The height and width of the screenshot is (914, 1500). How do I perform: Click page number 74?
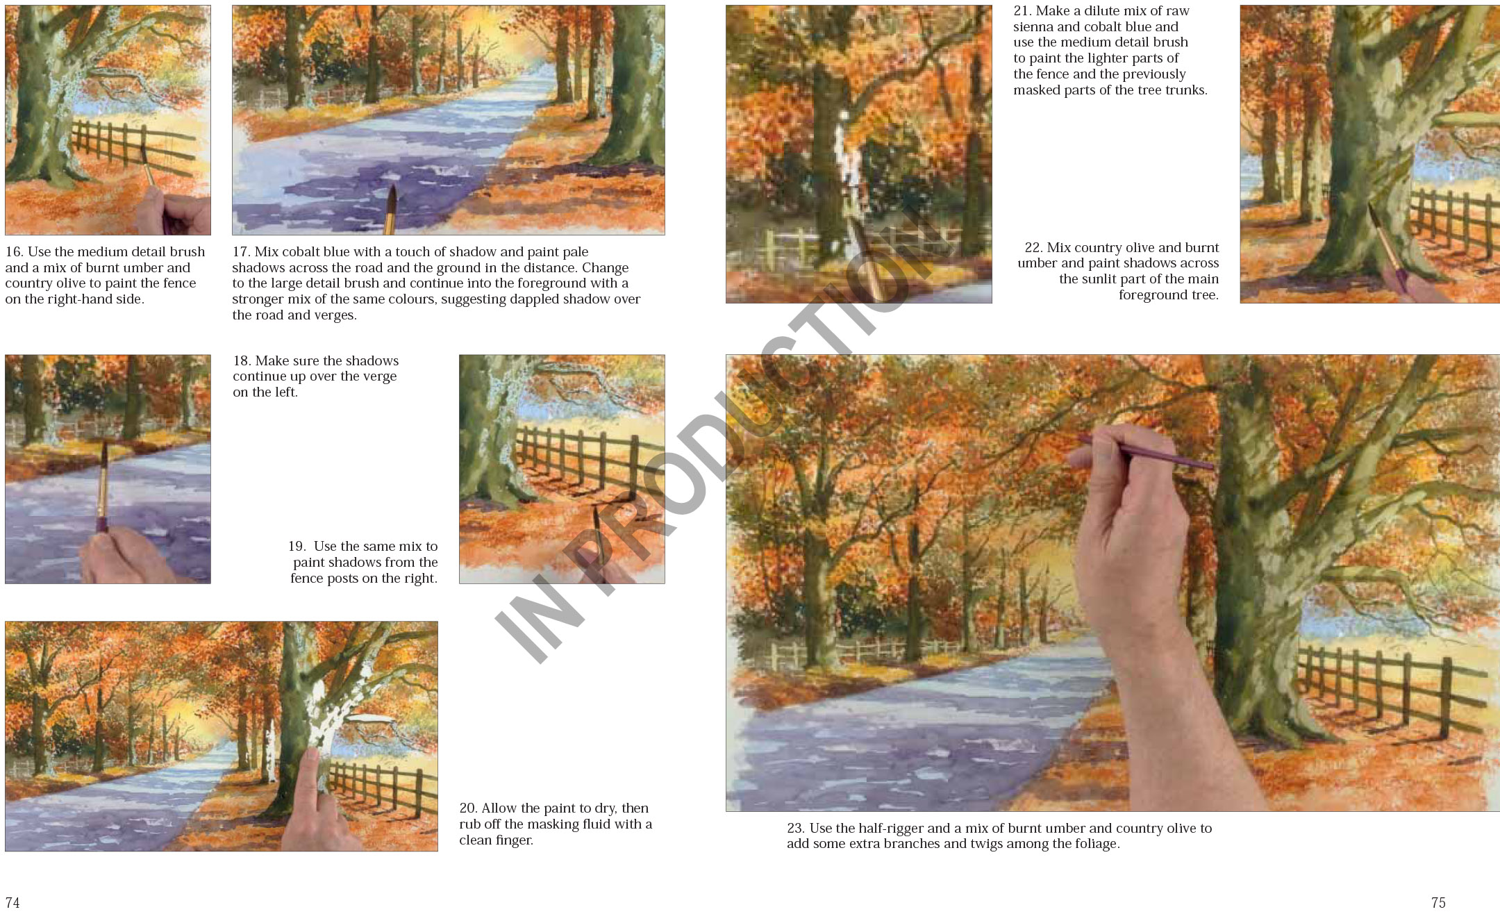[x=12, y=903]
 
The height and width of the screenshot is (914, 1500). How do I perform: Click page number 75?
[x=1438, y=903]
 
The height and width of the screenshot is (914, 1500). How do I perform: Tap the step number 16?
[x=14, y=252]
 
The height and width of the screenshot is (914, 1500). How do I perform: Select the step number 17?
[x=241, y=252]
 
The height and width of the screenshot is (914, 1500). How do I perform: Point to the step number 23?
[x=796, y=829]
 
